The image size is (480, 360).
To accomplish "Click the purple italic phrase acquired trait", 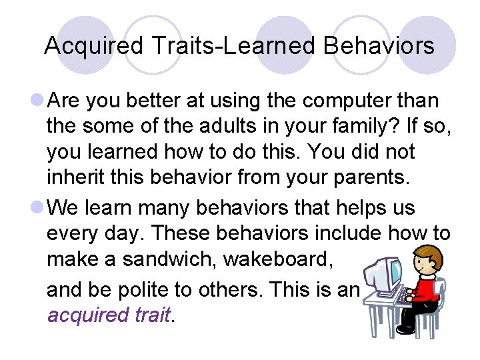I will [109, 315].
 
